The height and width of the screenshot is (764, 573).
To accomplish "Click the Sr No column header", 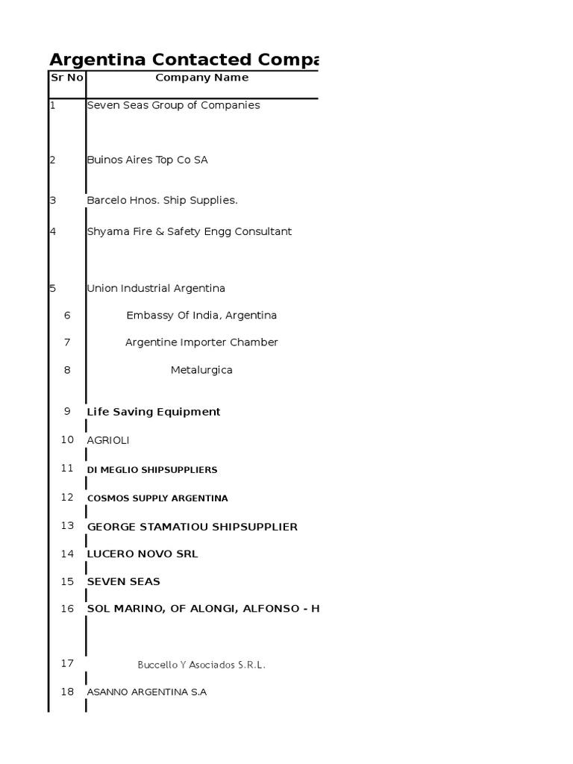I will pos(66,78).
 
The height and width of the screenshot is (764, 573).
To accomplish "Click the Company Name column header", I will pos(201,78).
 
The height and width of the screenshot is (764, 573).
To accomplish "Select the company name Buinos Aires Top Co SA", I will pos(147,160).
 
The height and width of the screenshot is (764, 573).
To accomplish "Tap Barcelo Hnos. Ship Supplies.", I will pos(162,201).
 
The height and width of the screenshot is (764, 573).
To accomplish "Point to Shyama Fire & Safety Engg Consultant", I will pos(189,232).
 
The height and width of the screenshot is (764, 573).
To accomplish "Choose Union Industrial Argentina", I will pos(156,289).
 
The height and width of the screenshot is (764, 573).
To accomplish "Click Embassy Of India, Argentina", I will pos(201,316).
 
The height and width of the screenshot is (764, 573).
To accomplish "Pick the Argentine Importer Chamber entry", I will pos(201,342).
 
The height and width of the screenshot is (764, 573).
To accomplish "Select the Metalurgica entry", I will pos(201,370).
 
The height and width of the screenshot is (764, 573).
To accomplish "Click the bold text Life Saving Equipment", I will pos(154,412).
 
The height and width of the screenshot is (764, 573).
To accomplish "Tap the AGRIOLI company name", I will pos(108,441).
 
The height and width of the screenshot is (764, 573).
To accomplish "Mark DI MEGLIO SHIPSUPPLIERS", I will pos(152,470).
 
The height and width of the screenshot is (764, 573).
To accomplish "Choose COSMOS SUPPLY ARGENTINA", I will pos(157,498).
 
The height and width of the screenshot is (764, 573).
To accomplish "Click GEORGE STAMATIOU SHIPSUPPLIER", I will pos(192,527).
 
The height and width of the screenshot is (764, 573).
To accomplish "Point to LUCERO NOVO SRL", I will pos(143,554).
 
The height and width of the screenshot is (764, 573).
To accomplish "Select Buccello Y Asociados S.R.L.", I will pos(201,665).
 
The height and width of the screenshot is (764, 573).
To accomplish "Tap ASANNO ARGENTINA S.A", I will pos(147,692).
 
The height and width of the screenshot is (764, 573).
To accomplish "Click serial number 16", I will pos(67,609).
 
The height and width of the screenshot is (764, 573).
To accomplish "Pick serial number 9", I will pos(67,411).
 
